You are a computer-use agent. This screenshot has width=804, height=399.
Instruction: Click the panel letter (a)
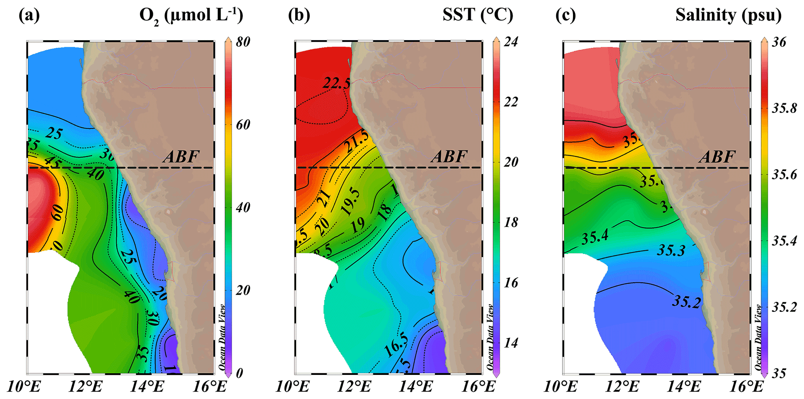29,16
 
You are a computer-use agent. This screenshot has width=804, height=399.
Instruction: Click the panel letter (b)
299,16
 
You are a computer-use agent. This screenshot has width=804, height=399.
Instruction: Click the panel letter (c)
566,16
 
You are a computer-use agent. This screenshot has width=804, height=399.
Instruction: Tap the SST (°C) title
478,16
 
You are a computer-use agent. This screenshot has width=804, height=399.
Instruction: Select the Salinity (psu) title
728,16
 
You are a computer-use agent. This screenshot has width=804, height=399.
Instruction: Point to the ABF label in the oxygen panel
181,157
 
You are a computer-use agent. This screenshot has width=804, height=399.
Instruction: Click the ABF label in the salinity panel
717,157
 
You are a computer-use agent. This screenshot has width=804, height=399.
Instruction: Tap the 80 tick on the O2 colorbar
243,42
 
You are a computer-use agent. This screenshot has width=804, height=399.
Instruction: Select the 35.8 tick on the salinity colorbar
784,108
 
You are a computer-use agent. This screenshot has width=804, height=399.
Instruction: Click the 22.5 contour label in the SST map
336,83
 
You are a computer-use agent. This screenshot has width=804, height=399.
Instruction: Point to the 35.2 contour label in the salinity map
687,302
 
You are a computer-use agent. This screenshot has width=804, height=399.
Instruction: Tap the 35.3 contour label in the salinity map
671,250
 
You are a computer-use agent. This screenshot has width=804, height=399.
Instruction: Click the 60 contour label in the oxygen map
58,212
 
